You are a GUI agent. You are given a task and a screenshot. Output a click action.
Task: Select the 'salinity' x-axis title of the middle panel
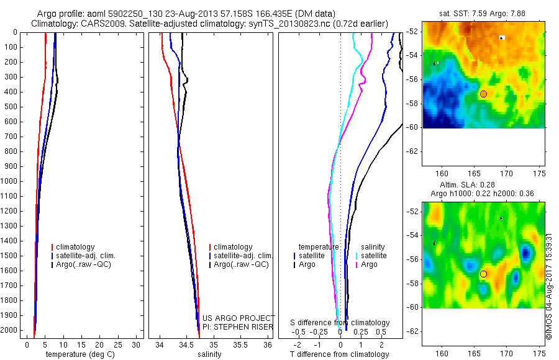[210, 354]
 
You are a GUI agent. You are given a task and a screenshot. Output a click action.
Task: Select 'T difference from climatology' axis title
[339, 354]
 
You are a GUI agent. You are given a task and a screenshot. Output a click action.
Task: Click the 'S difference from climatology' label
[340, 323]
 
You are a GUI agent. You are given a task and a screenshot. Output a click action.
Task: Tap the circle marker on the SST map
[483, 94]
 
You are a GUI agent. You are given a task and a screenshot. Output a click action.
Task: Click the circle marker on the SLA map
[483, 274]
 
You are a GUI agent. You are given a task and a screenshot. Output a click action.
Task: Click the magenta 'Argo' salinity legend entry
[369, 264]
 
